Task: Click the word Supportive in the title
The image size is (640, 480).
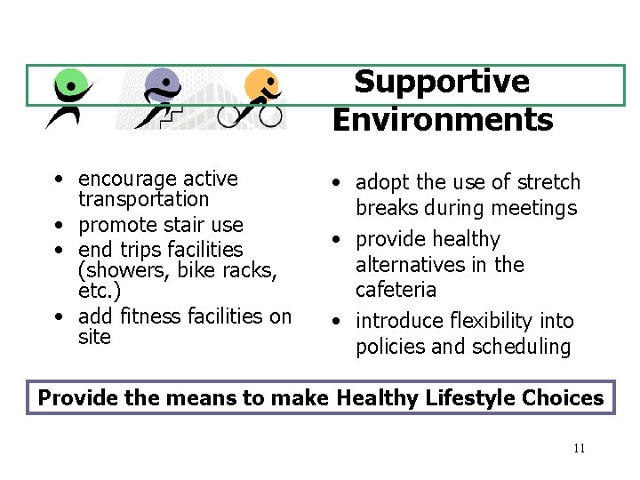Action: pyautogui.click(x=442, y=82)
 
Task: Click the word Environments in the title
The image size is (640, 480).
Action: pyautogui.click(x=443, y=118)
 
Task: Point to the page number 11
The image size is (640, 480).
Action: pyautogui.click(x=579, y=448)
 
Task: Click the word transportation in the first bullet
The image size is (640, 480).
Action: pyautogui.click(x=144, y=200)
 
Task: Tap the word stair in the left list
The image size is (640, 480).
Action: pyautogui.click(x=180, y=225)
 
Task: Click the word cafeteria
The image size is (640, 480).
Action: pyautogui.click(x=396, y=290)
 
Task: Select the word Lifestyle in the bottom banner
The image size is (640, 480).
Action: pyautogui.click(x=473, y=398)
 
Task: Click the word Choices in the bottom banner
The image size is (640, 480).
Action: pyautogui.click(x=569, y=398)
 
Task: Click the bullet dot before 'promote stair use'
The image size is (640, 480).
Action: pyautogui.click(x=57, y=226)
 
